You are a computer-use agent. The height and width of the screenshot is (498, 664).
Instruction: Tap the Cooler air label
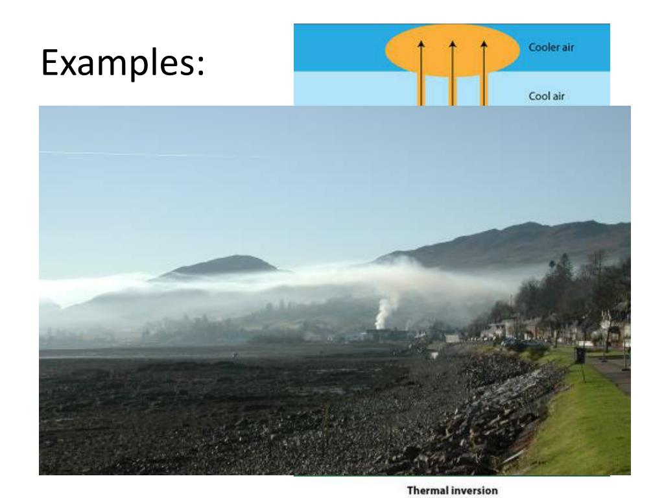(x=551, y=47)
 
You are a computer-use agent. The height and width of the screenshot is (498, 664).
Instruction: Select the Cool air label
(x=547, y=96)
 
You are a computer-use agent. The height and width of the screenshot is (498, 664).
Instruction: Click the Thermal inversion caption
(x=452, y=491)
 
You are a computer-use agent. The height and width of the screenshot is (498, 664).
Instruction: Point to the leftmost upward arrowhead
(x=420, y=44)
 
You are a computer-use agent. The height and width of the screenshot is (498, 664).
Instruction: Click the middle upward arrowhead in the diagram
(x=452, y=44)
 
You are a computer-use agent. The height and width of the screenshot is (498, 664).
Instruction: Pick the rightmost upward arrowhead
(x=483, y=44)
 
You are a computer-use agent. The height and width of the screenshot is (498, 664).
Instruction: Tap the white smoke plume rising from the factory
(x=385, y=310)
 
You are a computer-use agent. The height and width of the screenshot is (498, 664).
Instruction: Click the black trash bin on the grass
(x=580, y=355)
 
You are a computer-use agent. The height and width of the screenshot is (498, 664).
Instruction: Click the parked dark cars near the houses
(x=519, y=342)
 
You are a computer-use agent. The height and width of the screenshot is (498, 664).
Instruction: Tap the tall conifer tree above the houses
(x=563, y=272)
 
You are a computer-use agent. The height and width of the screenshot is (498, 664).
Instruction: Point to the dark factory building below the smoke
(x=389, y=335)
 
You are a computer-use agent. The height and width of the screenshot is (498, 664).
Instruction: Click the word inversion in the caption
(x=473, y=491)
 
